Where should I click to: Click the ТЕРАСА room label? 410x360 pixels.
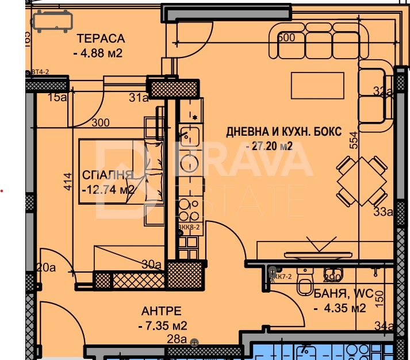click(101, 39)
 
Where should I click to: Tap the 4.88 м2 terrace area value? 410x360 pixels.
click(98, 54)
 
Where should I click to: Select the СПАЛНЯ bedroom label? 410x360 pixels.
click(108, 175)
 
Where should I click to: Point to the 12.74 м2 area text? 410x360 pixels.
click(109, 189)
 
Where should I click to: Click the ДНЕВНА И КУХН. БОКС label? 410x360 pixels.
click(284, 132)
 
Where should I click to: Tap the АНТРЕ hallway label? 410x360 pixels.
click(161, 312)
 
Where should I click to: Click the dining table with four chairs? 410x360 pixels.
click(362, 181)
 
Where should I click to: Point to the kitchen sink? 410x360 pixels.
click(189, 136)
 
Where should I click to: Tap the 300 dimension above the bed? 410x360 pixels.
click(100, 122)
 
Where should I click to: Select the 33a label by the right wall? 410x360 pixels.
click(382, 212)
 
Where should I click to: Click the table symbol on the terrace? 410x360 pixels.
click(52, 21)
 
